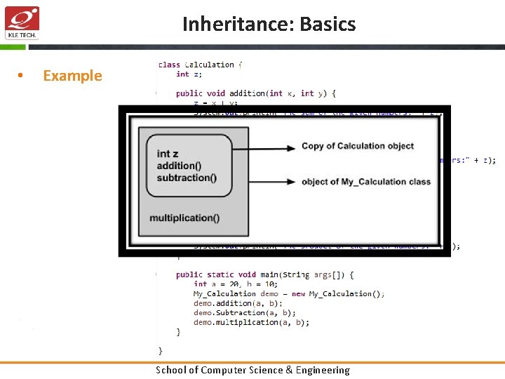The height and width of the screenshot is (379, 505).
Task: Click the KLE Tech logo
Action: point(22,23)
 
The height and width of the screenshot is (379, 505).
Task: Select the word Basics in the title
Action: point(328,25)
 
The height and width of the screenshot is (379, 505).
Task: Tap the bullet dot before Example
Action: point(22,76)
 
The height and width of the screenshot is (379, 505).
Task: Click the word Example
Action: point(72,76)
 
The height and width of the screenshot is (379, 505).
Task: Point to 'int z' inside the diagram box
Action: point(168,154)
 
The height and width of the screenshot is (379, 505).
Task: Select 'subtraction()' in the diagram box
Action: point(187,178)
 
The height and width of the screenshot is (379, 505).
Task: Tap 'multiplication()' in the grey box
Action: point(184,218)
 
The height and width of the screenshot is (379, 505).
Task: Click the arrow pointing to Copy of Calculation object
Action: point(264,147)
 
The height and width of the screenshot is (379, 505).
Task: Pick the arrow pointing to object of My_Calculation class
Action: point(264,182)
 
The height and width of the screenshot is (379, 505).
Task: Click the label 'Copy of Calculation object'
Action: point(358,146)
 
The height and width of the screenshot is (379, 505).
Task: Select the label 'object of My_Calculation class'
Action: point(366,182)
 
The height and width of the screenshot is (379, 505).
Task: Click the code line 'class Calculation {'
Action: point(200,65)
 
